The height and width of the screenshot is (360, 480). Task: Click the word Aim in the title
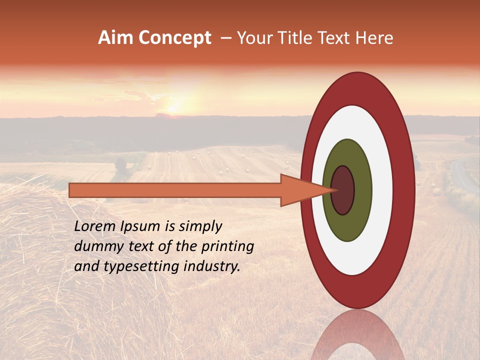(x=116, y=38)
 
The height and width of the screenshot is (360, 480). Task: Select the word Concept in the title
(x=175, y=38)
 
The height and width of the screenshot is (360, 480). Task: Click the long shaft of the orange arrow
(x=175, y=190)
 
